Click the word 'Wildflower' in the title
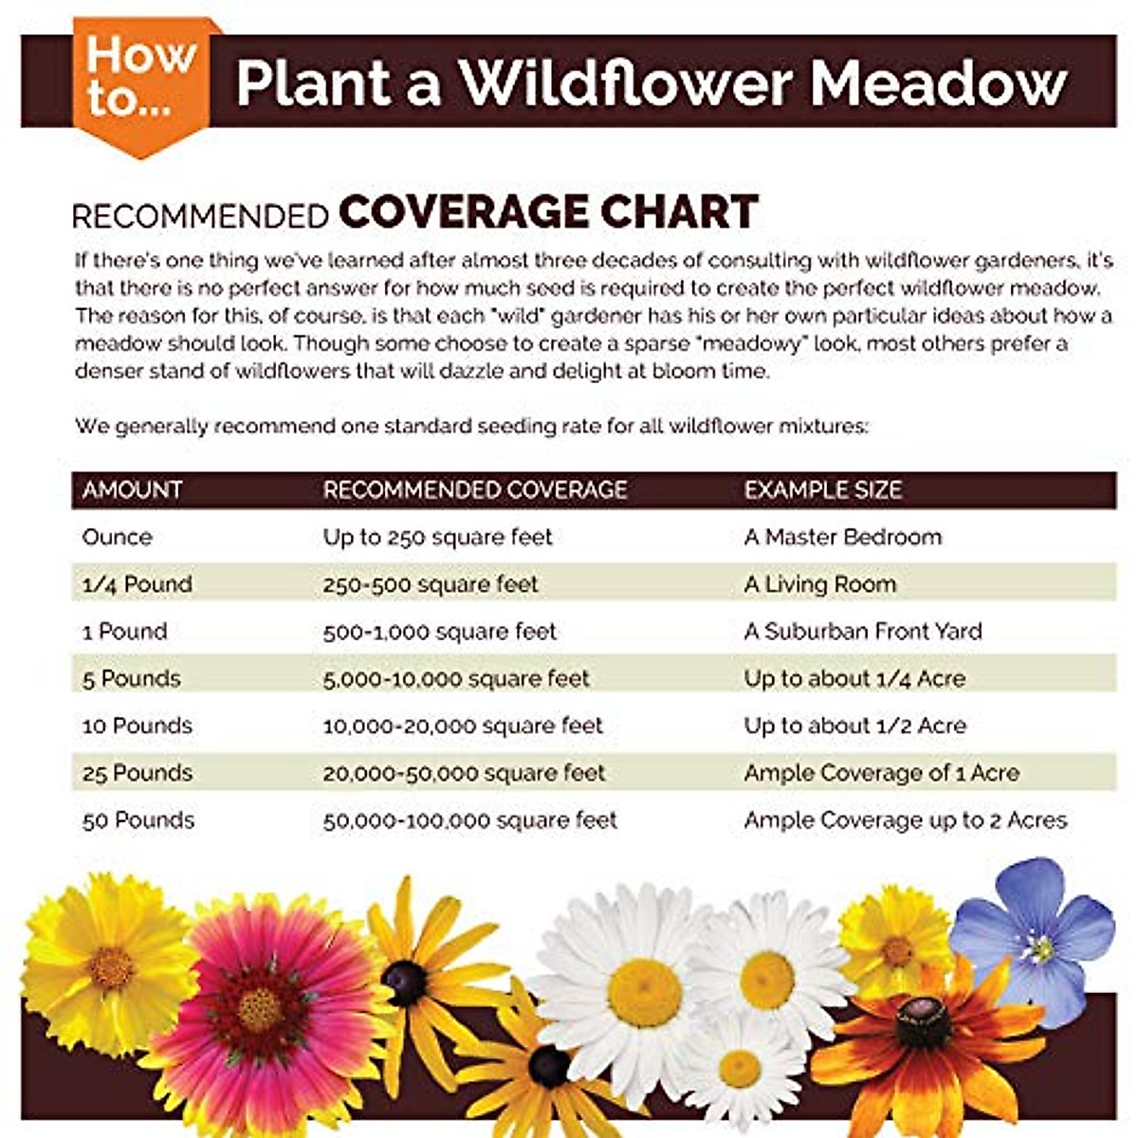(626, 83)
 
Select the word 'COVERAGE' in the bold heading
(464, 212)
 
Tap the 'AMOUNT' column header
(132, 490)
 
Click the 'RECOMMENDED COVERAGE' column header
(475, 490)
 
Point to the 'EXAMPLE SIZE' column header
(822, 490)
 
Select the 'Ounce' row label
(117, 538)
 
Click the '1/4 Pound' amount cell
(137, 584)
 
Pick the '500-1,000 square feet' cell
(439, 632)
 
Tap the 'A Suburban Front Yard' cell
(863, 632)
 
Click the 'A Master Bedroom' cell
(843, 538)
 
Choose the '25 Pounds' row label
(137, 773)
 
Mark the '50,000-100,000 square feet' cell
(469, 820)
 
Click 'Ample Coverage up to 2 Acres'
(906, 820)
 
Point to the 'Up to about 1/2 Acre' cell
(854, 726)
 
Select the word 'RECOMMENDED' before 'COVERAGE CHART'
(200, 216)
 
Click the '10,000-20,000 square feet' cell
(463, 726)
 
